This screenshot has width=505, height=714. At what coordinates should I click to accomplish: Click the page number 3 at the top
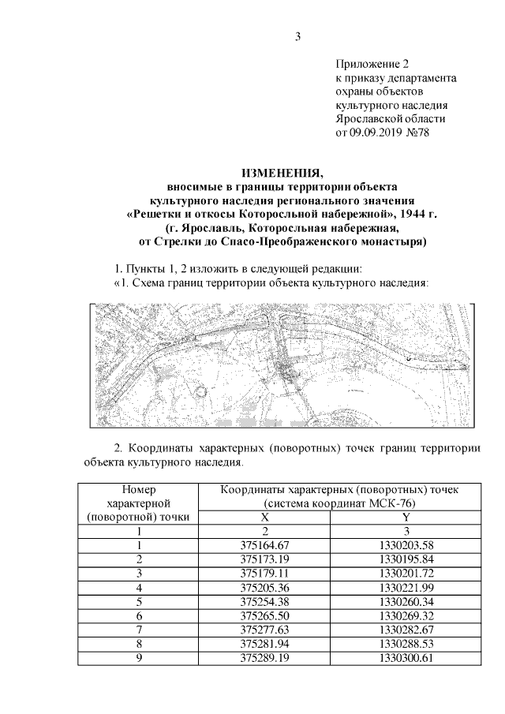pos(298,36)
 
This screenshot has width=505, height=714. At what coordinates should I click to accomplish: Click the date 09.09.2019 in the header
pos(375,133)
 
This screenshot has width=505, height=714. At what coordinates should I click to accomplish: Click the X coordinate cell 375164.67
pos(265,545)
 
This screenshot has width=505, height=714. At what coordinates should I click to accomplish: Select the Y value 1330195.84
pos(406,559)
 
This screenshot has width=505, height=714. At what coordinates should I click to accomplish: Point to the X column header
pos(265,518)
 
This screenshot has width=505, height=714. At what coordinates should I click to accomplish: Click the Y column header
pos(406,518)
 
